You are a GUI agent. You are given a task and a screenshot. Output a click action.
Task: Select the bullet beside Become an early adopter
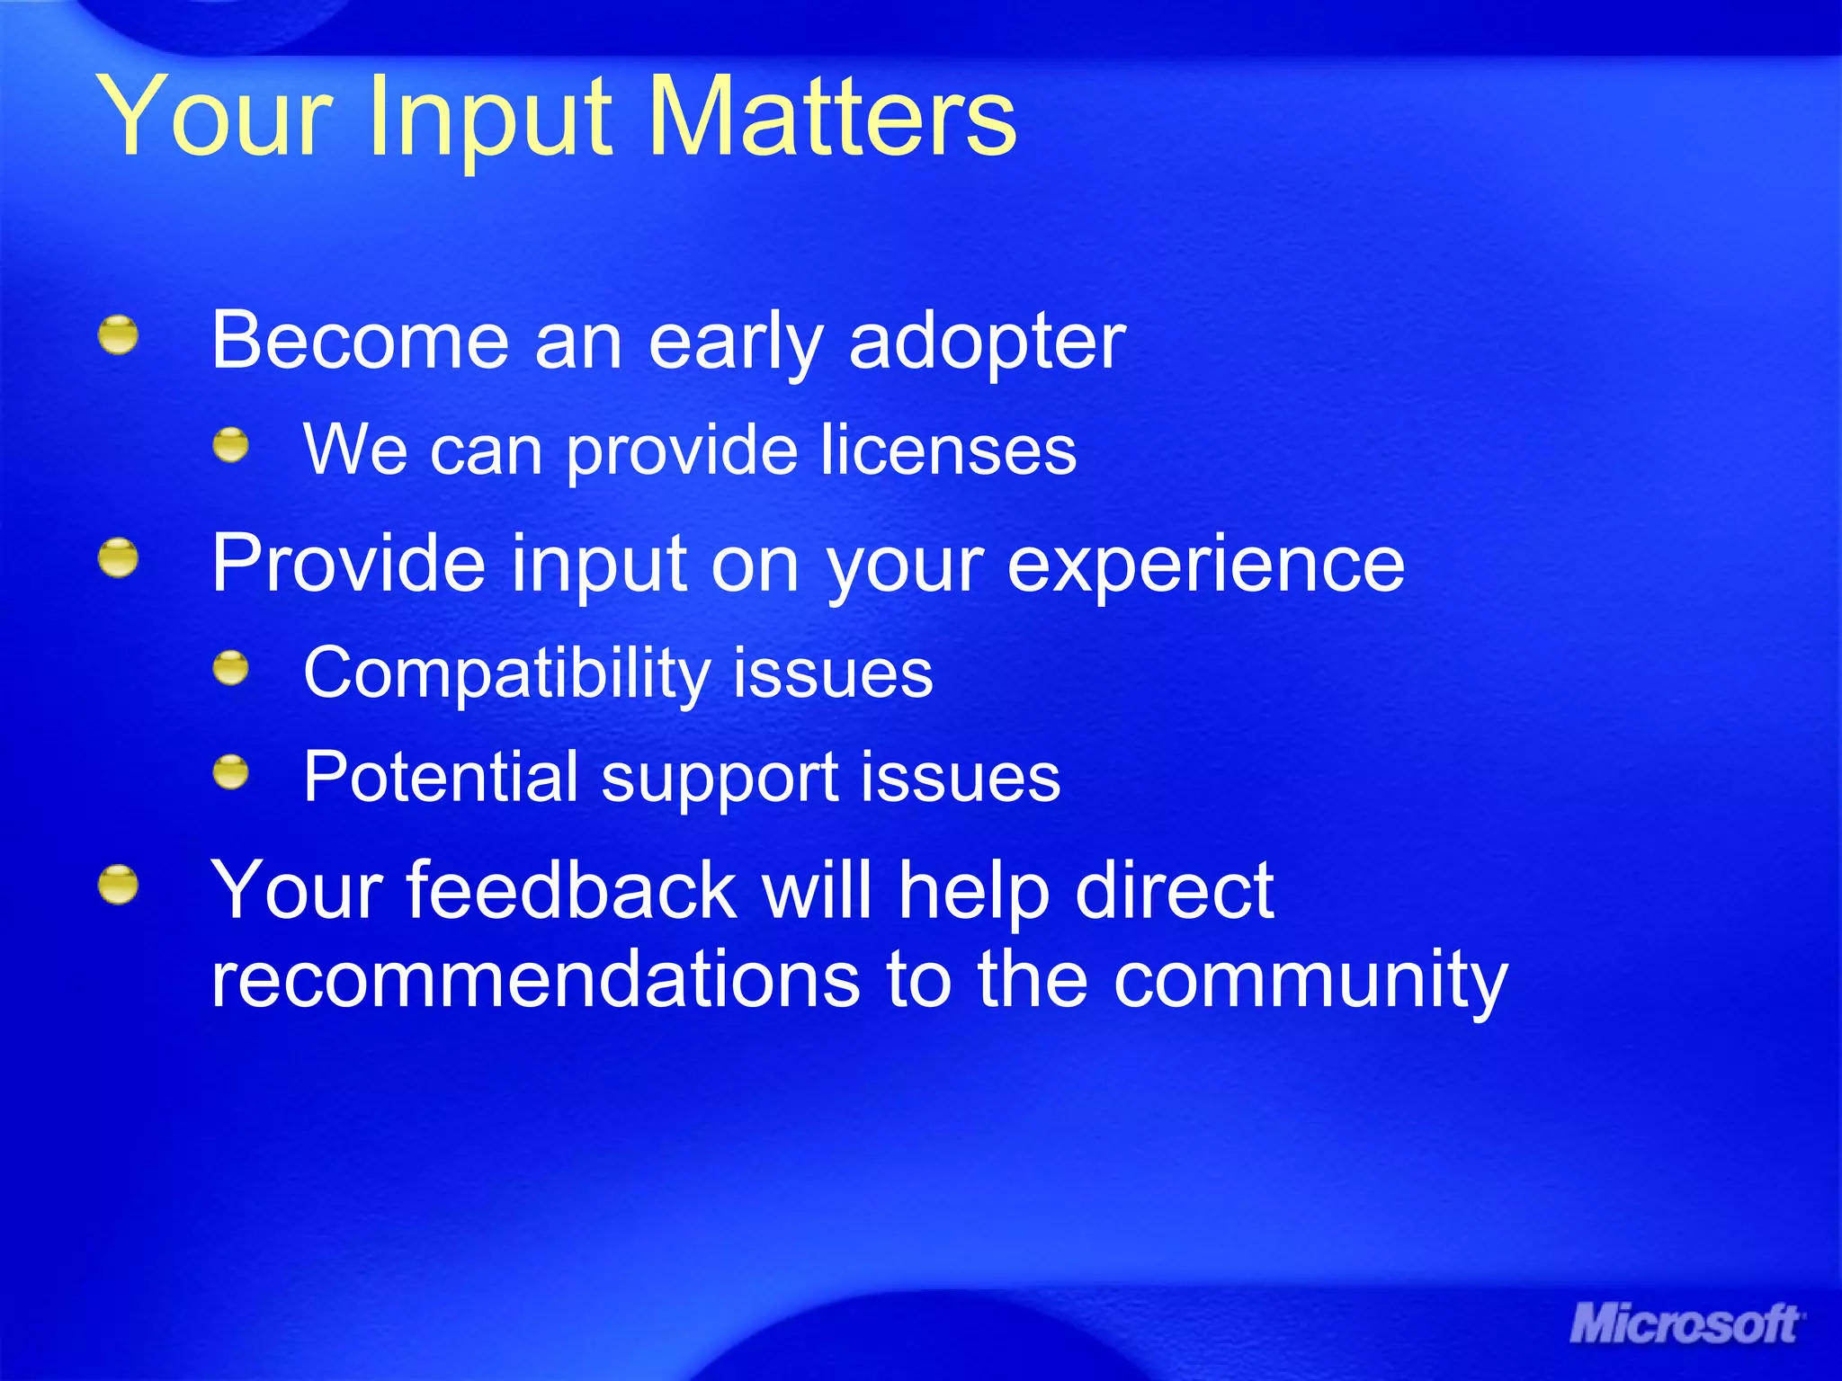click(119, 335)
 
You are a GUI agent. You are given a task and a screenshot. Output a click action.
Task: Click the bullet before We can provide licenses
click(231, 445)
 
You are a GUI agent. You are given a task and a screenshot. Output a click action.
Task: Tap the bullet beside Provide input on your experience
click(119, 558)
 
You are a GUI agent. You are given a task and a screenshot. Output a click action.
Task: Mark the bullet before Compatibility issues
click(231, 668)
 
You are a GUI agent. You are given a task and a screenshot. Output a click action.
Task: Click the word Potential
click(441, 777)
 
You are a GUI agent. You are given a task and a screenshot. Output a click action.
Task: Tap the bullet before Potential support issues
click(231, 772)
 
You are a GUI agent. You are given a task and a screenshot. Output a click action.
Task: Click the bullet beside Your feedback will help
click(119, 886)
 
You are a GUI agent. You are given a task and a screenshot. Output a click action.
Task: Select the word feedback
click(572, 890)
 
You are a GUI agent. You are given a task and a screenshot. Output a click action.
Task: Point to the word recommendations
click(535, 980)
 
